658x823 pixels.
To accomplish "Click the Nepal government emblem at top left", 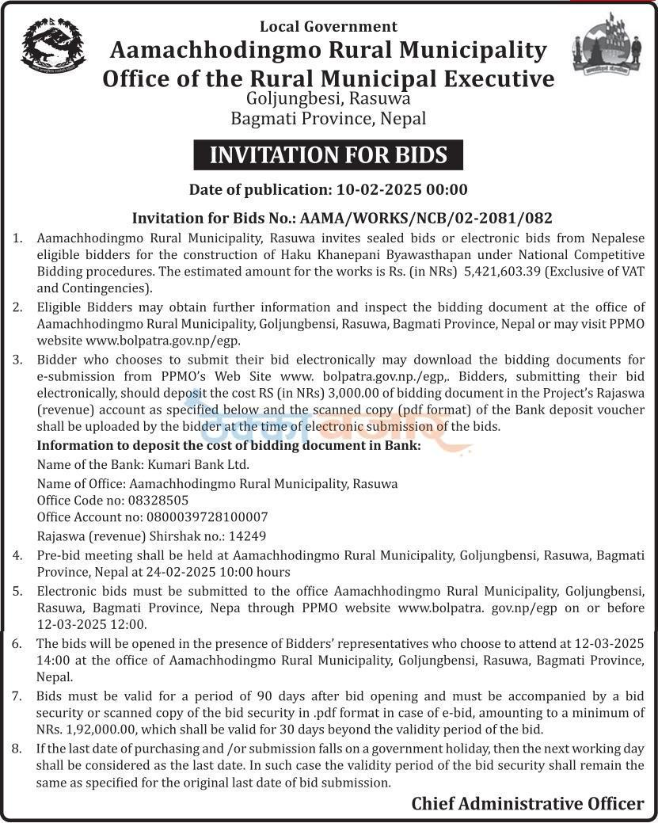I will tap(53, 46).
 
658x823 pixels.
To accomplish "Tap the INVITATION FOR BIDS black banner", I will tap(328, 154).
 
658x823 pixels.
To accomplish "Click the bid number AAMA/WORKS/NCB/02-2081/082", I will tap(424, 218).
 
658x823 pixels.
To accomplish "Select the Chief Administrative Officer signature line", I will tap(527, 803).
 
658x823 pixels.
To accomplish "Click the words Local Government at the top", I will tap(328, 27).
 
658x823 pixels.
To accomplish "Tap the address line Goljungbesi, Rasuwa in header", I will tap(328, 99).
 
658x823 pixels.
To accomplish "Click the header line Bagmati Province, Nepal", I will tap(328, 119).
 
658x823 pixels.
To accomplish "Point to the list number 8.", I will tap(17, 749).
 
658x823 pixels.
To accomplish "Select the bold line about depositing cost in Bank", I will tap(229, 445).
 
